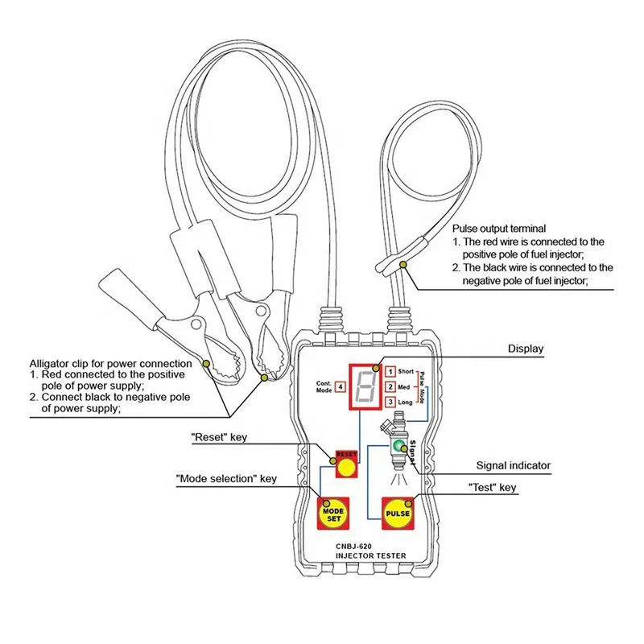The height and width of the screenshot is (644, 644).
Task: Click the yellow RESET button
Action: click(x=346, y=467)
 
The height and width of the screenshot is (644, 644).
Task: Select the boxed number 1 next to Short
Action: click(x=390, y=372)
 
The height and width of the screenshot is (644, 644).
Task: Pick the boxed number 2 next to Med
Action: click(x=390, y=387)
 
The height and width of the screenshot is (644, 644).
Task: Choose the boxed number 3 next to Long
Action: click(x=390, y=402)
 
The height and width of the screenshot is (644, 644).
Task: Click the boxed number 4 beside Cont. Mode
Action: click(x=341, y=386)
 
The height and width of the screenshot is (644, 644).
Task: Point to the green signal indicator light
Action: click(x=398, y=444)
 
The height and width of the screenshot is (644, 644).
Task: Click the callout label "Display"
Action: click(x=525, y=349)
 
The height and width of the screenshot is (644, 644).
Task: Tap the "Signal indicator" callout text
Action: click(x=513, y=465)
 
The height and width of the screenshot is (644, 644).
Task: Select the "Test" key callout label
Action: click(x=492, y=487)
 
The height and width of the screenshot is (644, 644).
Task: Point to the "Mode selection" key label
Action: click(x=226, y=479)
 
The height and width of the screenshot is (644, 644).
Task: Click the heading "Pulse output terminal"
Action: click(x=499, y=229)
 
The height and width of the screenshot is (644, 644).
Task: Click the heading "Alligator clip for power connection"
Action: click(x=110, y=364)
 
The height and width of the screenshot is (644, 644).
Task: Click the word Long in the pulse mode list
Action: click(x=406, y=402)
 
